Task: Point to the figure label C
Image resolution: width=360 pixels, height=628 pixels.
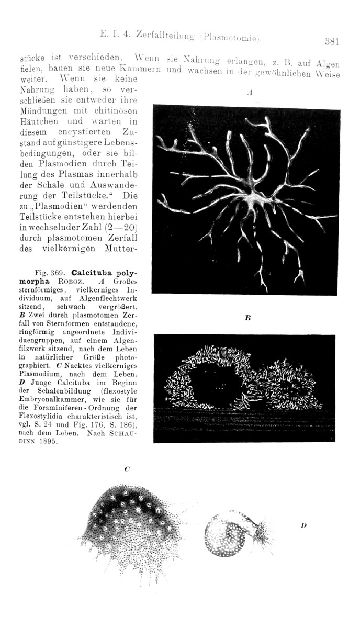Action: pyautogui.click(x=127, y=469)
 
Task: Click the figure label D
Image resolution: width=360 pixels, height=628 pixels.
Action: pyautogui.click(x=303, y=524)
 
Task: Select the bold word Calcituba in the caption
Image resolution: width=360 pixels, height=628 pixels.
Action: pyautogui.click(x=93, y=273)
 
